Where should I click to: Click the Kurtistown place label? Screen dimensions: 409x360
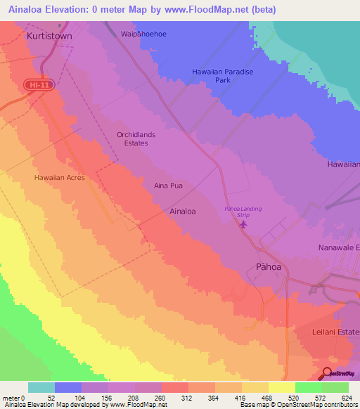[x=49, y=34]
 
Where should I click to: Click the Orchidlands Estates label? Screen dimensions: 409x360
[x=132, y=138]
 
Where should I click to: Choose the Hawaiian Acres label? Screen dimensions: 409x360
[x=59, y=178]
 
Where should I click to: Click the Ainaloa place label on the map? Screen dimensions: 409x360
[x=182, y=210]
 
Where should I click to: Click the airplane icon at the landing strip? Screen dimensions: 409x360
[x=244, y=225]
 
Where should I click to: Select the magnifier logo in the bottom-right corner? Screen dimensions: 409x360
[x=328, y=372]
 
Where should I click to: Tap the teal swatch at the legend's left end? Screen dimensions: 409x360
[x=41, y=387]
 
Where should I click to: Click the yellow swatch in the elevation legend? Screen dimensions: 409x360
[x=281, y=387]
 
